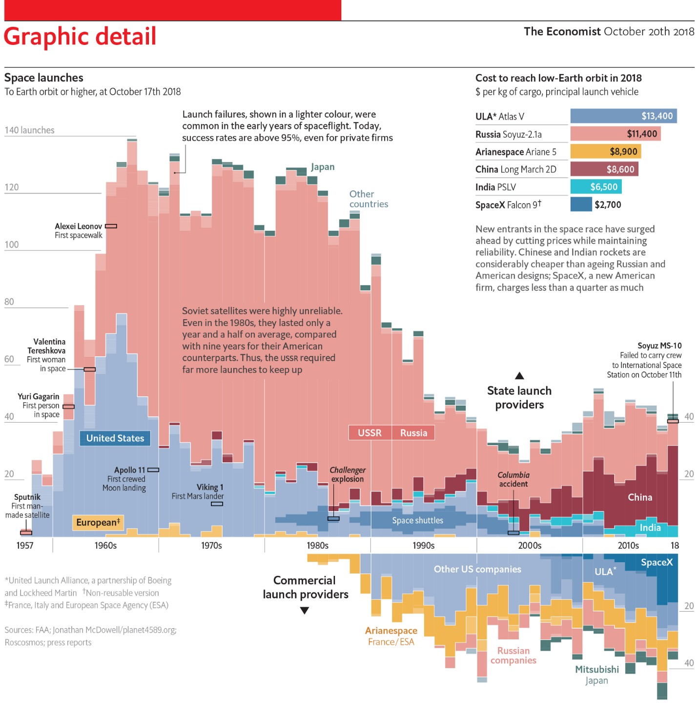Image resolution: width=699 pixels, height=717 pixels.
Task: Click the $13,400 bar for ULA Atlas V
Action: (x=623, y=116)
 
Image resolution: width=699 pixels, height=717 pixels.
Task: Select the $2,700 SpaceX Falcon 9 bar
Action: (x=581, y=205)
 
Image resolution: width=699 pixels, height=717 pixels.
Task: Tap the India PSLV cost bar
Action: (x=596, y=187)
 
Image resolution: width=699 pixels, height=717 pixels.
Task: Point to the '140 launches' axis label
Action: (x=29, y=130)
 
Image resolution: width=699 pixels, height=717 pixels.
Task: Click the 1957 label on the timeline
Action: (x=25, y=546)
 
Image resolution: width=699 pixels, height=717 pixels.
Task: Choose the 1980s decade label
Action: (x=317, y=546)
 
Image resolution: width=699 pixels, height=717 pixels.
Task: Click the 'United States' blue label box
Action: (x=115, y=438)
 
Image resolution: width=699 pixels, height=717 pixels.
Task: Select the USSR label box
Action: (x=370, y=433)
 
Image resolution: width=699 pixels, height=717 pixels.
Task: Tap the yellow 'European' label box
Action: (x=98, y=522)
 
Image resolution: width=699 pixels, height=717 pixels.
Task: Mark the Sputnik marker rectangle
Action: (x=26, y=533)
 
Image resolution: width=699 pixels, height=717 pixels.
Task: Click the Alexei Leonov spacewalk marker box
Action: (x=111, y=226)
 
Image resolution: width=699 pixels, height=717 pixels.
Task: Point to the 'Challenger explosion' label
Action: (x=348, y=474)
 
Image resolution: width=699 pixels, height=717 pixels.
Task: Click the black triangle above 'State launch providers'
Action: (x=519, y=376)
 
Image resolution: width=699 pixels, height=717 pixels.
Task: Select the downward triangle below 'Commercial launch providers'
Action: (x=305, y=611)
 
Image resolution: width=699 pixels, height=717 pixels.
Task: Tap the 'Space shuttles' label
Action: (x=417, y=520)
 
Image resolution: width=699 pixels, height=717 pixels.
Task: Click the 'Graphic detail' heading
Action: (x=80, y=37)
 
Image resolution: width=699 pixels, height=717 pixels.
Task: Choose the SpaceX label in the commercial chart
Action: (x=657, y=562)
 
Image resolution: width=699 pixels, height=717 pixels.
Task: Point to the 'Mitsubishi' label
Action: (x=596, y=669)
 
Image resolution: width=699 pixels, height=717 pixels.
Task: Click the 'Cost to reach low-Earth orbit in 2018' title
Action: (x=558, y=78)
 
